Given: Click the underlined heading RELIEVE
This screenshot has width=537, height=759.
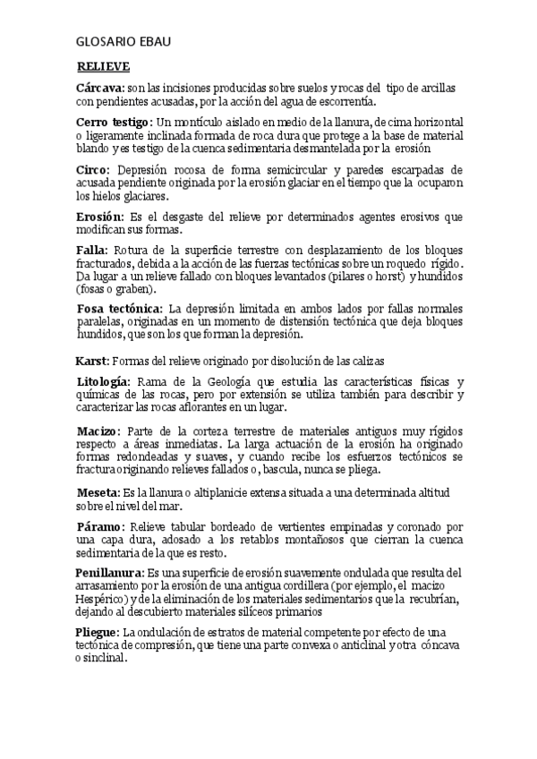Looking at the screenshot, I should point(103,66).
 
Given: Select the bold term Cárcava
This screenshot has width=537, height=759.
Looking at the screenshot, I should point(99,88).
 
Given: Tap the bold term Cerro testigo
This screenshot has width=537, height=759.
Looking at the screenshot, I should point(114,121).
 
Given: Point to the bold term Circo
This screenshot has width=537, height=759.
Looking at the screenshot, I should point(93,168).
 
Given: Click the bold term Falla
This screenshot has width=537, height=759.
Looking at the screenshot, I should point(91,249).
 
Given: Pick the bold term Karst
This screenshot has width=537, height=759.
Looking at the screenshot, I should point(90,360).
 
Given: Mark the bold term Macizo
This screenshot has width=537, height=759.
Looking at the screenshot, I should point(98,431).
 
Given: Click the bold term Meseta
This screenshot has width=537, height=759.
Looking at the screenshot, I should point(98,492).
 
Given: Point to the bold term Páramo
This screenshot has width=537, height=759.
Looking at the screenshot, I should point(99,525).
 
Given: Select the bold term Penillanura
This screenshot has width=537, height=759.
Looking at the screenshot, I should point(109,571).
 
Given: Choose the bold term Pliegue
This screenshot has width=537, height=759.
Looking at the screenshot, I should point(98,632).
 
